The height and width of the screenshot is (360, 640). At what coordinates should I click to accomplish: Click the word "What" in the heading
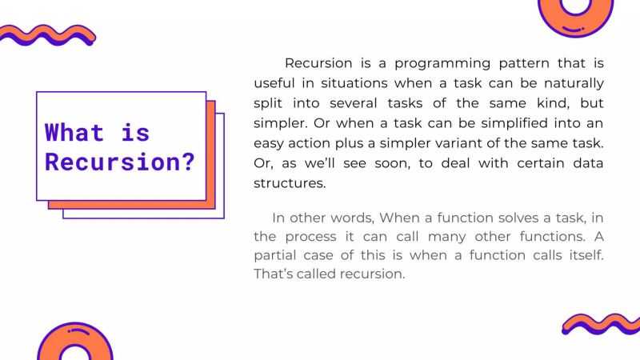[74, 132]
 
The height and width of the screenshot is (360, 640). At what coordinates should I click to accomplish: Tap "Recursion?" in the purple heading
[120, 162]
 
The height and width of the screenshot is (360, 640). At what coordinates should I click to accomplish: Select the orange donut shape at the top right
[575, 11]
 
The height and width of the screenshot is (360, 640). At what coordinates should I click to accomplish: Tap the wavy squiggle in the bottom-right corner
[600, 324]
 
